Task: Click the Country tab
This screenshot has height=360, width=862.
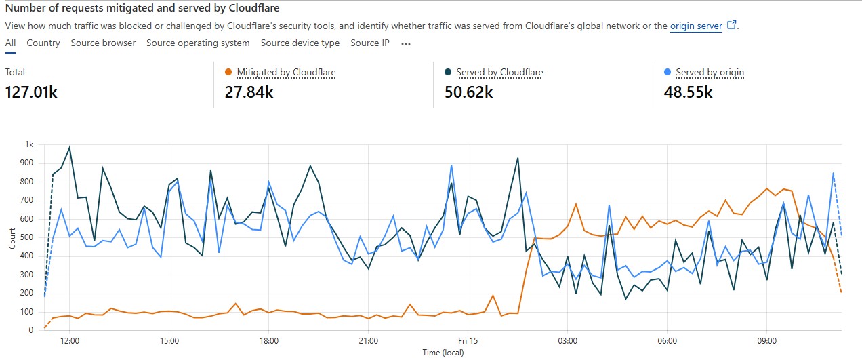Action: [x=43, y=43]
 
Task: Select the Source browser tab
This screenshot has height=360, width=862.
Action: [x=103, y=43]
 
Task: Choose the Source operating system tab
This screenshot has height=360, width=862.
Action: [x=198, y=43]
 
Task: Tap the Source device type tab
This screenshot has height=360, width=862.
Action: [x=300, y=43]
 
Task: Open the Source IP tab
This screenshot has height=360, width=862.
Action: [x=370, y=43]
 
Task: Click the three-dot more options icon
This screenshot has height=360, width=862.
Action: [x=406, y=43]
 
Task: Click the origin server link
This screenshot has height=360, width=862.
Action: [x=696, y=26]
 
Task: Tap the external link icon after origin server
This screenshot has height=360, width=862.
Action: [x=731, y=25]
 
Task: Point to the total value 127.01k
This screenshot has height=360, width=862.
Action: [x=31, y=92]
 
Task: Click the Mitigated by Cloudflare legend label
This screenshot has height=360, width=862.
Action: [x=286, y=72]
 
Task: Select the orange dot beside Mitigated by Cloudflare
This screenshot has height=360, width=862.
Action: [x=228, y=72]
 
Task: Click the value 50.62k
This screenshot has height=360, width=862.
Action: [x=468, y=92]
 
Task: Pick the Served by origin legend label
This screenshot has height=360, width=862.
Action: [x=710, y=72]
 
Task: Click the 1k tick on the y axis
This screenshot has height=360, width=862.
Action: [x=29, y=144]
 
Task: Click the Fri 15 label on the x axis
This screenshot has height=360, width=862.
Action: [x=468, y=340]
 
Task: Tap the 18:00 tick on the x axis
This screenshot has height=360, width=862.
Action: [x=269, y=340]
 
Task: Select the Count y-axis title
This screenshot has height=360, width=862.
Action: [x=12, y=238]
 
